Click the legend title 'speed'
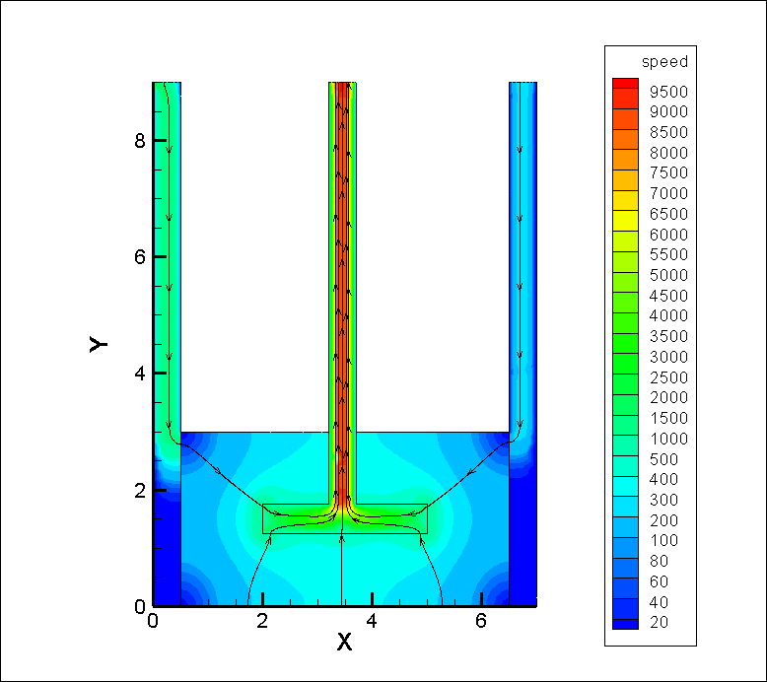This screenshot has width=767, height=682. [x=664, y=62]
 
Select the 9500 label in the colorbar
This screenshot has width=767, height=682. [x=668, y=92]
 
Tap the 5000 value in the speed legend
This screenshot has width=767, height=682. [x=668, y=275]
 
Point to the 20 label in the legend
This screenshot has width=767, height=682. [x=659, y=622]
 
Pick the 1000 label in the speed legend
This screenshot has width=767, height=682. [x=668, y=439]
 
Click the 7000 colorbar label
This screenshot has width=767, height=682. [x=668, y=193]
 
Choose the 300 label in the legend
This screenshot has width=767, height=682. [x=663, y=500]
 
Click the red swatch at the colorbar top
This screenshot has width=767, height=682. [x=625, y=83]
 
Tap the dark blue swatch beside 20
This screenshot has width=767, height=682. [x=625, y=624]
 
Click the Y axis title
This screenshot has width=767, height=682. [x=99, y=344]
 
